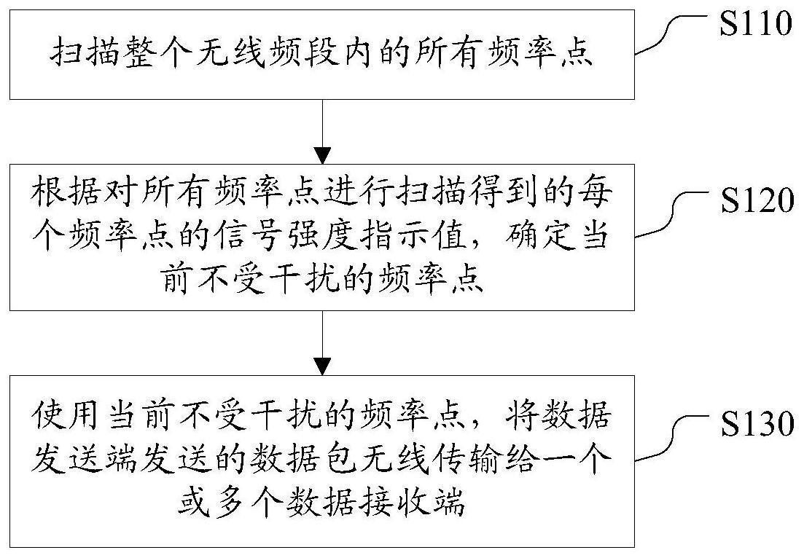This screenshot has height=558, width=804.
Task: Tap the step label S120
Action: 755,200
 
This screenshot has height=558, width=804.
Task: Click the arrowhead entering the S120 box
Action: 322,155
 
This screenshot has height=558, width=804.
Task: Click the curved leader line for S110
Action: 663,36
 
